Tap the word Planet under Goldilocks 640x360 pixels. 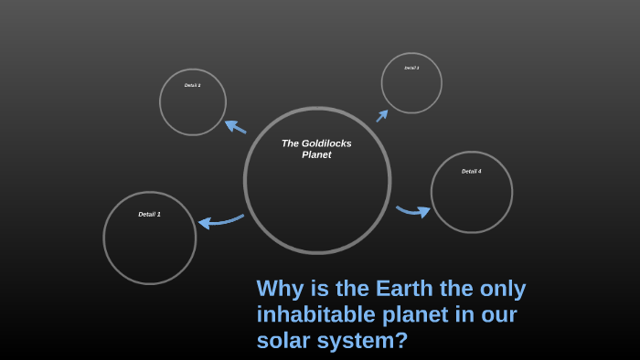316,154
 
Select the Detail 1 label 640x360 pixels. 149,214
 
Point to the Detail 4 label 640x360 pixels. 471,171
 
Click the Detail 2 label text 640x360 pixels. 192,85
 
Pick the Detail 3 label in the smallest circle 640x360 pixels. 411,68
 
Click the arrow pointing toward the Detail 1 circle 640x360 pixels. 220,220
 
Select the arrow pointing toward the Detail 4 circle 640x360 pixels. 413,211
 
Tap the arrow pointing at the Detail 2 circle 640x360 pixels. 235,126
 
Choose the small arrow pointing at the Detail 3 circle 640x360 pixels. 382,115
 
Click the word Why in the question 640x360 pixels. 280,289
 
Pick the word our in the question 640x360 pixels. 499,315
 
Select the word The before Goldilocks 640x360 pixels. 290,143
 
